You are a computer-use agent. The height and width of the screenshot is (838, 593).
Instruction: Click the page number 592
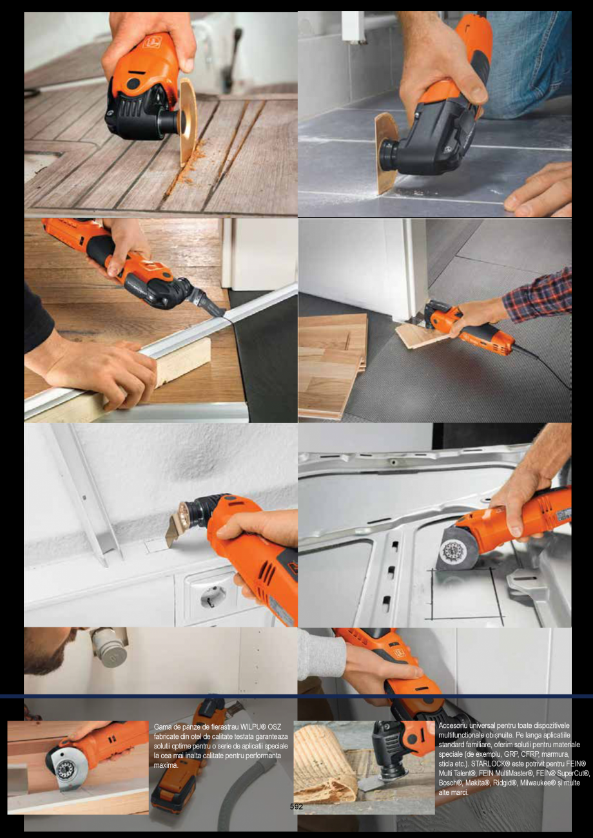click(296, 806)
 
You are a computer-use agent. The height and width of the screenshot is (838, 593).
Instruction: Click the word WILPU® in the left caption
click(253, 727)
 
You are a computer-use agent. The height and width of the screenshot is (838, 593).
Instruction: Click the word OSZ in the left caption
click(275, 727)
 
